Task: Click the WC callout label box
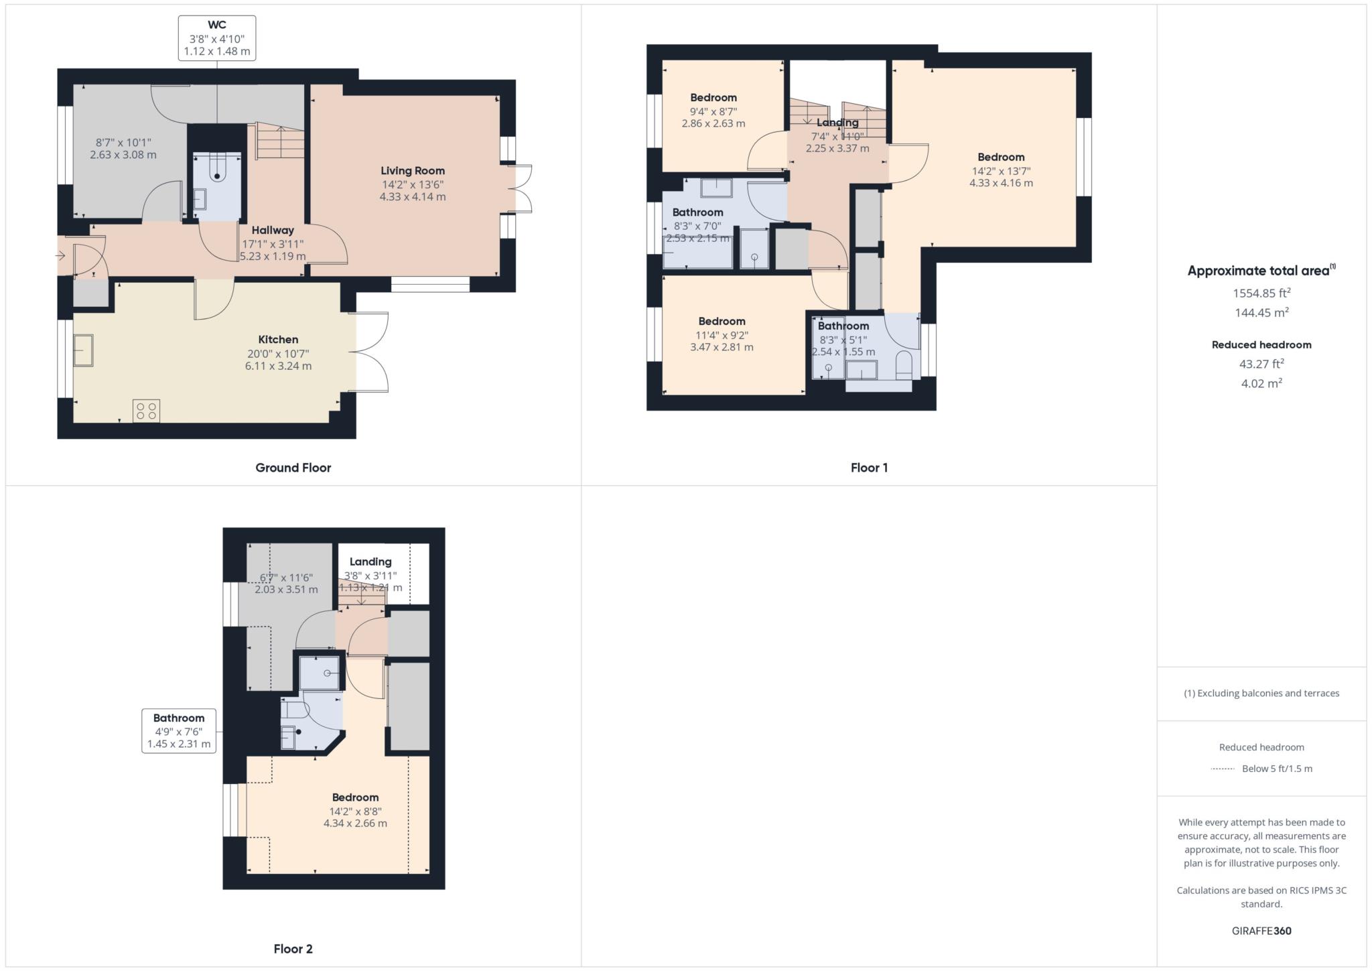point(216,38)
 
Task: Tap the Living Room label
point(413,171)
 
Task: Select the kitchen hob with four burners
point(147,411)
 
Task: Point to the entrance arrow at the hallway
point(60,255)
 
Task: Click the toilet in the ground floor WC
point(217,169)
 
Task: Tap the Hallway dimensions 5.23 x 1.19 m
point(273,256)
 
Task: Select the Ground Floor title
point(293,468)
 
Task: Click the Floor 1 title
point(869,468)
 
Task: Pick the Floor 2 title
point(293,949)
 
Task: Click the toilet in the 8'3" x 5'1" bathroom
point(904,363)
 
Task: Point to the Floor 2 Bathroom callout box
point(179,730)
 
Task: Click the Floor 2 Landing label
point(370,562)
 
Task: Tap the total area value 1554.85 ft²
point(1261,293)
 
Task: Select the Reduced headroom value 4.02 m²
point(1261,383)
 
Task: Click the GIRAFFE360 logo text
point(1261,931)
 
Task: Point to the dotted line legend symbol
point(1223,769)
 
